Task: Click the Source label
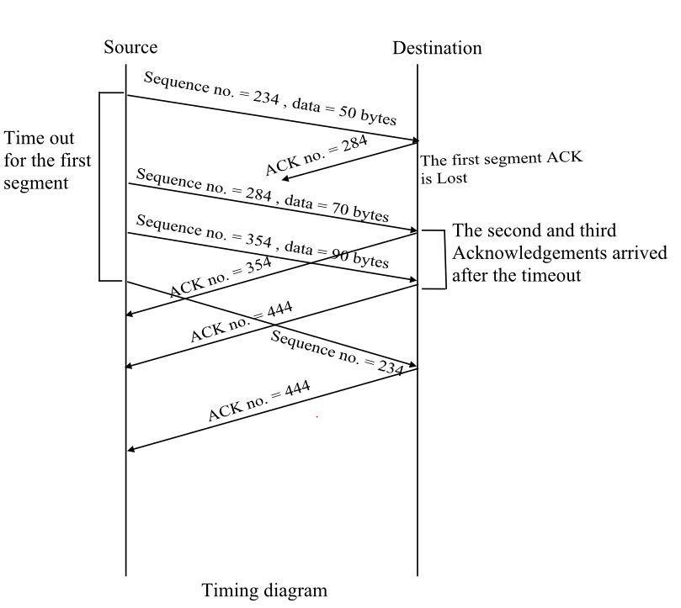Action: pos(130,47)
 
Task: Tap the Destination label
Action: pos(437,48)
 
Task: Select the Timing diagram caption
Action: pos(264,590)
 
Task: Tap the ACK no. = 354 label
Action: pos(221,278)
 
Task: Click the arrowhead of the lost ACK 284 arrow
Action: pos(287,177)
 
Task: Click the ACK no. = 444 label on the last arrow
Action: pos(258,401)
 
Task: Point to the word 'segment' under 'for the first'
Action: pos(35,182)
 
